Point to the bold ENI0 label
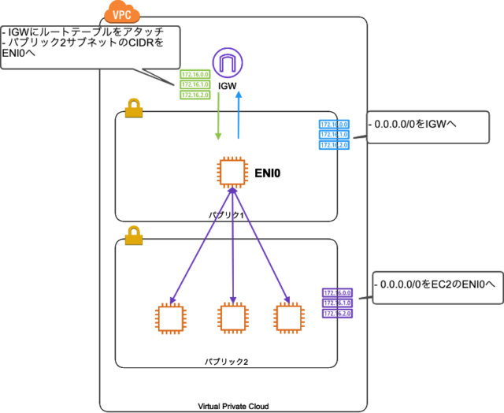coord(266,169)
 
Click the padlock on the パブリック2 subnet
coord(134,236)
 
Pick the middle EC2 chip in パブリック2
coord(232,317)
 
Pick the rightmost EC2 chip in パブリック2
coord(288,317)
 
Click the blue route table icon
coord(334,135)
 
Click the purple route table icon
coord(337,303)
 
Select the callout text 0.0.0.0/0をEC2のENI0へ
coord(432,281)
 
